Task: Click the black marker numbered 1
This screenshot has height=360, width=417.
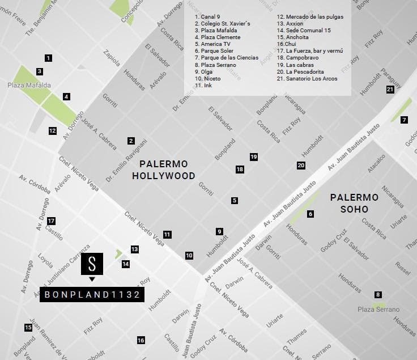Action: click(x=48, y=58)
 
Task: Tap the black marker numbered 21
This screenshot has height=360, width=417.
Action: click(x=390, y=89)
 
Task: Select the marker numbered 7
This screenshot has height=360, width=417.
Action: click(x=404, y=120)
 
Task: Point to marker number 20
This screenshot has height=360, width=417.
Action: click(x=301, y=166)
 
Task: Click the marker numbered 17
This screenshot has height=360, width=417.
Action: click(x=52, y=221)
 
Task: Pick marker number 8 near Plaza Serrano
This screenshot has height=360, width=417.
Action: click(x=378, y=294)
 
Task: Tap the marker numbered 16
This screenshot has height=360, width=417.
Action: click(x=141, y=340)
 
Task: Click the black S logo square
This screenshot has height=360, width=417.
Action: click(x=92, y=263)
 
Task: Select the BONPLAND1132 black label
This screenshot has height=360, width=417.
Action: click(x=91, y=294)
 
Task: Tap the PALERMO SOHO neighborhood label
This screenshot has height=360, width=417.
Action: click(x=354, y=203)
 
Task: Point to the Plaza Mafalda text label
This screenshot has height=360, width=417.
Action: click(x=29, y=85)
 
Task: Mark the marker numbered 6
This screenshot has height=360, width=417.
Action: click(x=310, y=214)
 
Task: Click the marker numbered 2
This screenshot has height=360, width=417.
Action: click(x=131, y=141)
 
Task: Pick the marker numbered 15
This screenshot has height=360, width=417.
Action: click(x=28, y=327)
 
